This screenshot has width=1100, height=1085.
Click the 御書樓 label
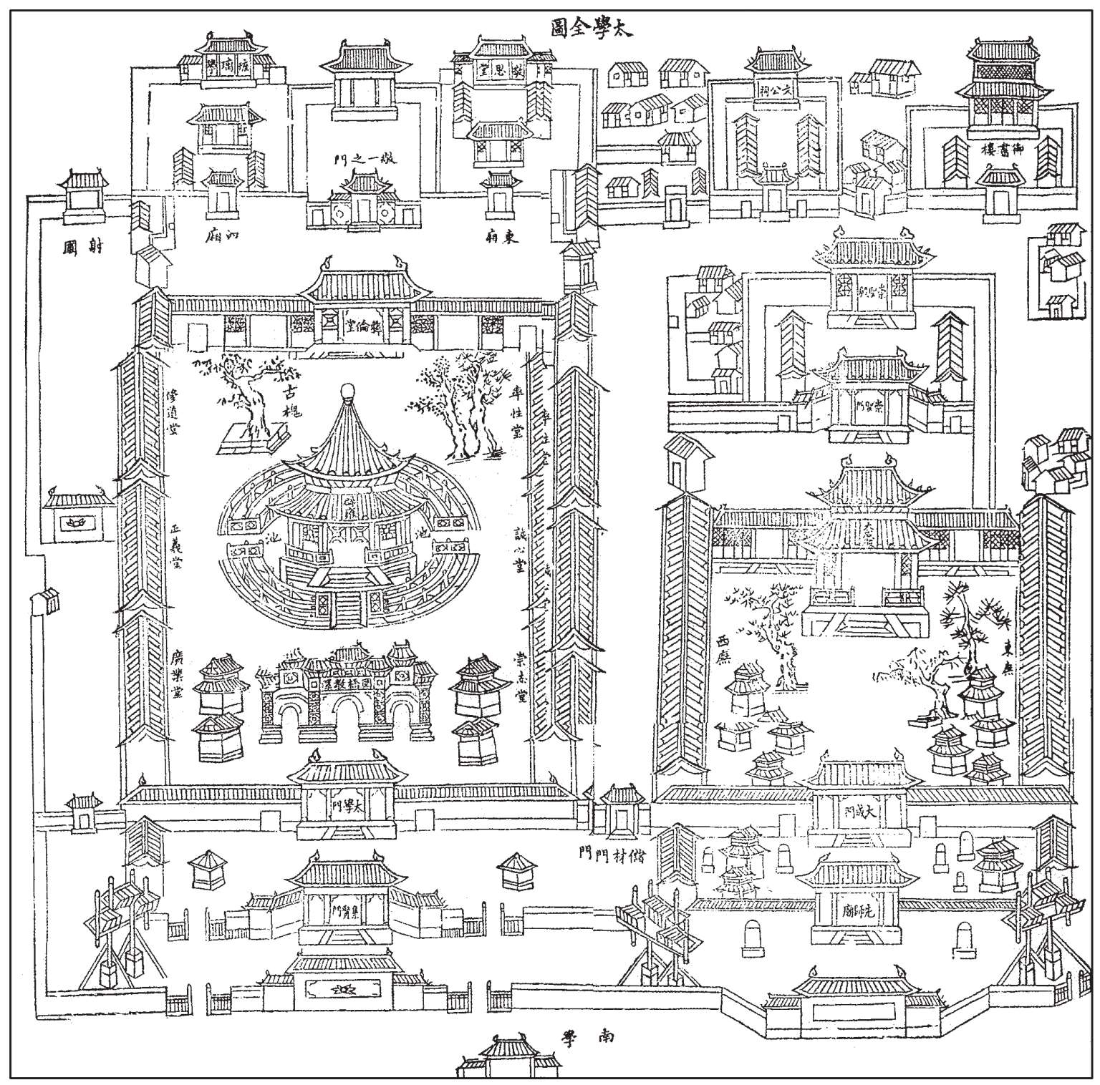[1000, 150]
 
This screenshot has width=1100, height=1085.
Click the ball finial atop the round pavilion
[347, 390]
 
